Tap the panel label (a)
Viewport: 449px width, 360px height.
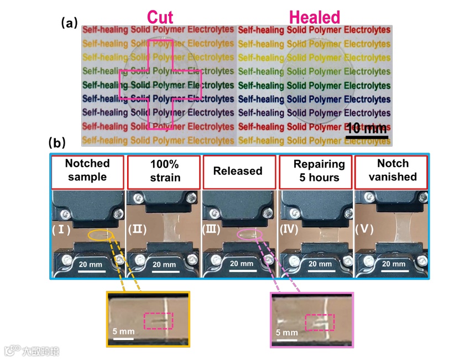[x=69, y=23]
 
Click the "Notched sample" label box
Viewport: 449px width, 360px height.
[x=87, y=170]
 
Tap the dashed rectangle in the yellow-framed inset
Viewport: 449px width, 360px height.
[x=158, y=320]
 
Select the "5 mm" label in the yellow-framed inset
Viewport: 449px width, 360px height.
[x=122, y=331]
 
